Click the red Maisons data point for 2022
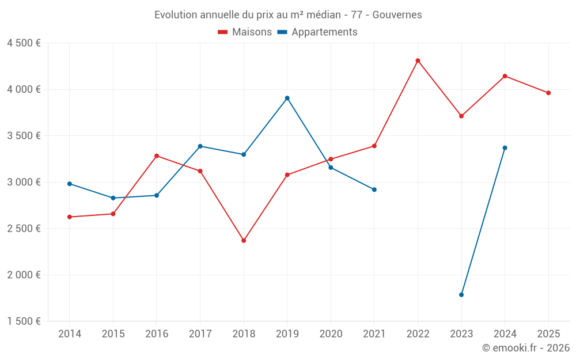(418, 60)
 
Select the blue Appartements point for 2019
(287, 98)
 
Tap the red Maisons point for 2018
(244, 241)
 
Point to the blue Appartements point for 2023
(461, 295)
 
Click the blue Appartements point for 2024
(505, 148)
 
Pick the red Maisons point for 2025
(548, 93)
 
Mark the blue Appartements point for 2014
(70, 184)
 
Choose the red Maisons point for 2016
(157, 156)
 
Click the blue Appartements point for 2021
(374, 190)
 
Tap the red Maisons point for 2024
(505, 76)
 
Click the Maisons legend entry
(245, 32)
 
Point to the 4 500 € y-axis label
(24, 43)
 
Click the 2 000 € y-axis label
(24, 275)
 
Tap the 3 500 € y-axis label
(24, 136)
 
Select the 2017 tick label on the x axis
(200, 334)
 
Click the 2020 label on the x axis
(331, 334)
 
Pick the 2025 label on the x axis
(548, 334)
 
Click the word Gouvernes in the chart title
(397, 15)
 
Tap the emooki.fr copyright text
(525, 348)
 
